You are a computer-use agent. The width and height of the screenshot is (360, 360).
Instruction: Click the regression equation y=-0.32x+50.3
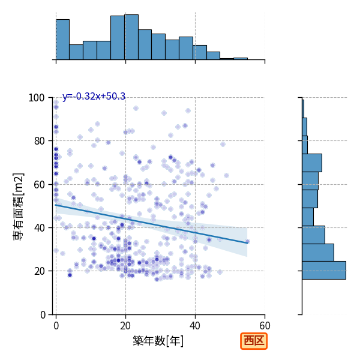click(x=94, y=97)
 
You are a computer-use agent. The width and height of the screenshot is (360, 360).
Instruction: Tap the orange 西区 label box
click(x=254, y=341)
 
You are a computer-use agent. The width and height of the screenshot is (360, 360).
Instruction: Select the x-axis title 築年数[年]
click(x=158, y=341)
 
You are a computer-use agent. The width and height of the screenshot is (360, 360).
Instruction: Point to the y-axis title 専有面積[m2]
click(x=19, y=206)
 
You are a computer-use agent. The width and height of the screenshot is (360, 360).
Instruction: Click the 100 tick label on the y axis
click(x=36, y=98)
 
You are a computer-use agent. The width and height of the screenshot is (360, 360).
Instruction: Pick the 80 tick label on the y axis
click(x=39, y=141)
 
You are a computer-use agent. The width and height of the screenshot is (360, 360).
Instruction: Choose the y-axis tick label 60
click(x=39, y=185)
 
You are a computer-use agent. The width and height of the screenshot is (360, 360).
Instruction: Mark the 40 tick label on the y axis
click(x=39, y=228)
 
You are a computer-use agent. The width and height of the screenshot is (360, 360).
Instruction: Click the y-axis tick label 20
click(x=39, y=271)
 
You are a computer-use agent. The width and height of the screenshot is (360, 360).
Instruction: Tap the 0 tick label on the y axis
click(x=43, y=315)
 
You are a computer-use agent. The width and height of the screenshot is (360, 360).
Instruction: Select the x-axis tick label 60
click(x=265, y=326)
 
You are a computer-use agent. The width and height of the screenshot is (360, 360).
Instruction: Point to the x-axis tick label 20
click(x=125, y=326)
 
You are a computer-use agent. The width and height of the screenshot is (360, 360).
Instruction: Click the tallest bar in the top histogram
click(x=131, y=37)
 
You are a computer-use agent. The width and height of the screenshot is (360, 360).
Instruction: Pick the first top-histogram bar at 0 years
click(x=62, y=40)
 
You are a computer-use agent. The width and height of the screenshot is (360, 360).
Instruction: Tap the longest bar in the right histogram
click(x=324, y=270)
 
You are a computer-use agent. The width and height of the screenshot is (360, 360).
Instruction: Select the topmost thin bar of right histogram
click(x=303, y=109)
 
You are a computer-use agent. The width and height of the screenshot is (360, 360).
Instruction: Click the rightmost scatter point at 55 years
click(x=247, y=242)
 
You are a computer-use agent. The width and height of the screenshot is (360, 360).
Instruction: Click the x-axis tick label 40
click(x=195, y=326)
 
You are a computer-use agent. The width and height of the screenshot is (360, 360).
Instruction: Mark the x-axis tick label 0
click(x=56, y=326)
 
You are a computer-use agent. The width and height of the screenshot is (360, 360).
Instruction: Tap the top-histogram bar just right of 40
click(x=200, y=53)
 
